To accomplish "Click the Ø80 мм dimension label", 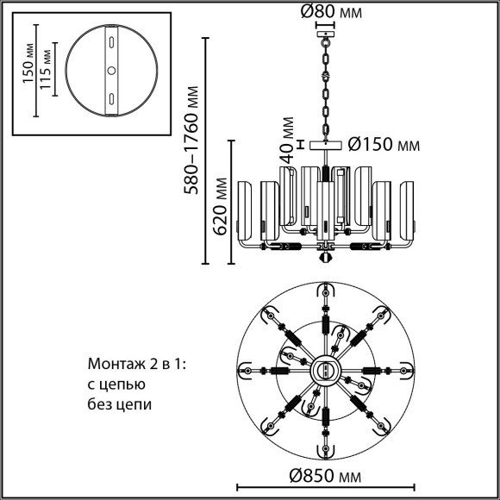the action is click(x=331, y=12).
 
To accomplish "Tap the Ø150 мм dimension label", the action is click(x=384, y=145).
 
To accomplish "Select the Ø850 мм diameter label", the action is click(x=325, y=476).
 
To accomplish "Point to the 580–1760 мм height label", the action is click(x=191, y=141).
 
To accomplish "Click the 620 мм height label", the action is click(x=220, y=206).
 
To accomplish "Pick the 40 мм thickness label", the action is click(x=287, y=140).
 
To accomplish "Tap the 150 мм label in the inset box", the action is click(x=28, y=63).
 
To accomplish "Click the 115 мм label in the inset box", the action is click(x=46, y=70).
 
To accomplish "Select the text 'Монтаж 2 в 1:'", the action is click(x=136, y=364).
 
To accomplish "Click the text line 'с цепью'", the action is click(x=116, y=384).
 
